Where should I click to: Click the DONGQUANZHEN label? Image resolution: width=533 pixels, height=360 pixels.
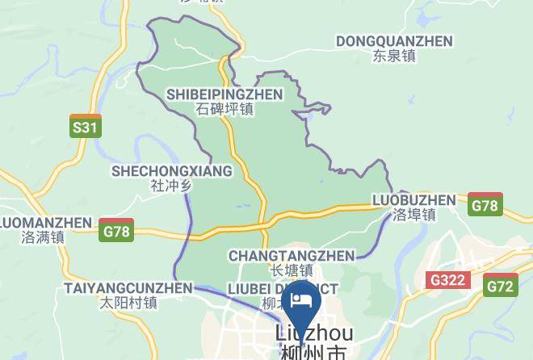click(x=393, y=41)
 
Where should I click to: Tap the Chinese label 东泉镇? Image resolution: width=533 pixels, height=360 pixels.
click(x=393, y=57)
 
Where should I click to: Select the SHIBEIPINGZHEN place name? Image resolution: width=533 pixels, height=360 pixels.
click(x=225, y=94)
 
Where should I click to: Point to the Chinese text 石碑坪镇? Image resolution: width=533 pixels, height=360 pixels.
click(x=225, y=110)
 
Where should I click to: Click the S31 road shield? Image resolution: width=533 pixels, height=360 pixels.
click(x=85, y=127)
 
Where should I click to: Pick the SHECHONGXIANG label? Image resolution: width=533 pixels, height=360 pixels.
click(x=171, y=171)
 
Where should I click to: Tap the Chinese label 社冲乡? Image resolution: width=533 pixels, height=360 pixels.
click(x=171, y=186)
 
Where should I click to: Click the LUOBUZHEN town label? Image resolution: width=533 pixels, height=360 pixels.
click(x=414, y=199)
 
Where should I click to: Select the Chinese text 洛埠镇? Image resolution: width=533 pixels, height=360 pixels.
click(x=414, y=215)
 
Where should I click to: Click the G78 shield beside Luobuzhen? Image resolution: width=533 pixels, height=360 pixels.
click(x=485, y=205)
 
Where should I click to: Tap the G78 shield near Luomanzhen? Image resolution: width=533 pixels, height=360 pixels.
click(x=115, y=230)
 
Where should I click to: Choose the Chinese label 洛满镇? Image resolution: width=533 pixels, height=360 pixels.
click(x=43, y=237)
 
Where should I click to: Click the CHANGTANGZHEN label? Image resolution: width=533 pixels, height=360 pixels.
click(x=291, y=256)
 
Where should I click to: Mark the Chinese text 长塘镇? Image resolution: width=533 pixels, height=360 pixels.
click(x=291, y=270)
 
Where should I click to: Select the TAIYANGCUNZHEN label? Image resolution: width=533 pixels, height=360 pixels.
click(x=128, y=288)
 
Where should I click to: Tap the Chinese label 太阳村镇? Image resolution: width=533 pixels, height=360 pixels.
click(x=128, y=303)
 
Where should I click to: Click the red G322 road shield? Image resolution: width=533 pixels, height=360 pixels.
click(x=448, y=279)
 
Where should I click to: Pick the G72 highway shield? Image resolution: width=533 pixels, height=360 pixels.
click(x=501, y=285)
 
